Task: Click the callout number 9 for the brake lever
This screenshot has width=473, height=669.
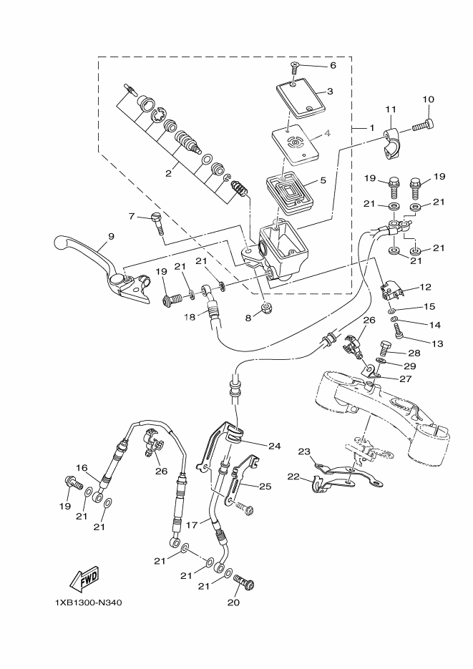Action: [111, 236]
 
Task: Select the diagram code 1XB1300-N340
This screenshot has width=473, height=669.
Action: [88, 602]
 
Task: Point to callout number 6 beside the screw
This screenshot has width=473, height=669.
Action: [333, 65]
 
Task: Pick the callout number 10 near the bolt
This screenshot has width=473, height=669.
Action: [429, 99]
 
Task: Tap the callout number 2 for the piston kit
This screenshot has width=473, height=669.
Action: [168, 172]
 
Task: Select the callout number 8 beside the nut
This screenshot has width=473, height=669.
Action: [249, 318]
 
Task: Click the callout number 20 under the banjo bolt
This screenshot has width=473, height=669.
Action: [234, 602]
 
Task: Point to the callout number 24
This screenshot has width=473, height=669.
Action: [275, 446]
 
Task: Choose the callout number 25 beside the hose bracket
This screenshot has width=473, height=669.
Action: [265, 487]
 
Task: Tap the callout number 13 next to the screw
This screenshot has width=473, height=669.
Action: [438, 343]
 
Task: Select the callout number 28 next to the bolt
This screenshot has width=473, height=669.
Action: [414, 353]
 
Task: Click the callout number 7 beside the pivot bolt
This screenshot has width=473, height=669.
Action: [132, 215]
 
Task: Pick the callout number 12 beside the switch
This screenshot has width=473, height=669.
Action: [425, 287]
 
